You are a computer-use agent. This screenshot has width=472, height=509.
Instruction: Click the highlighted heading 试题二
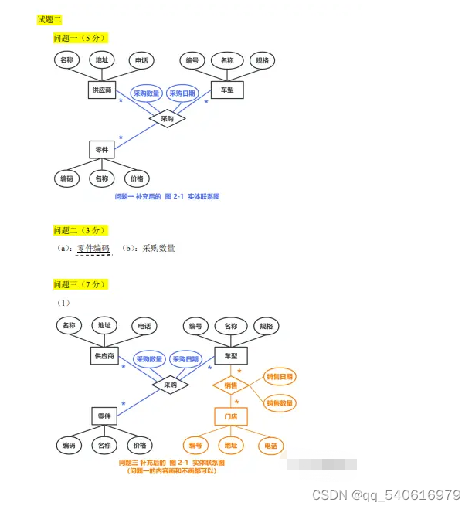click(x=49, y=19)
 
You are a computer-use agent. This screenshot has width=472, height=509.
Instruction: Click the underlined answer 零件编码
click(x=93, y=248)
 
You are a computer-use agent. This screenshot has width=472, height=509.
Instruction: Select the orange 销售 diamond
click(x=230, y=385)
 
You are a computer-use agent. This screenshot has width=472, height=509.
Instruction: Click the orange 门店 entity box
click(x=231, y=417)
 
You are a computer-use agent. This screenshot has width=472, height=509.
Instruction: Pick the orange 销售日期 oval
click(x=280, y=377)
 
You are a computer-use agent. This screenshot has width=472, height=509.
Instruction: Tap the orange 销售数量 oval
click(x=280, y=403)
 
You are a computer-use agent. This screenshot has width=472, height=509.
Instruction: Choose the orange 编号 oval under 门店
click(x=195, y=446)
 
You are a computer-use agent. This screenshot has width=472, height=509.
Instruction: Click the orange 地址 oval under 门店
click(x=230, y=446)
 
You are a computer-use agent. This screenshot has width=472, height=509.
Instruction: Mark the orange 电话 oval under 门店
click(x=270, y=446)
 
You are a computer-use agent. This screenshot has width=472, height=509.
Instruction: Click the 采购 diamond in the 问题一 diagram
click(x=168, y=119)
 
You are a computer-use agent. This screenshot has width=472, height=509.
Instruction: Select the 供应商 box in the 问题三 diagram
click(x=104, y=356)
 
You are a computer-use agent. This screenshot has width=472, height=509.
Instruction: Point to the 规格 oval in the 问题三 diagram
click(x=266, y=326)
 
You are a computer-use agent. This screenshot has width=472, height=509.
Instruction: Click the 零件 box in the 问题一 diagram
click(x=102, y=149)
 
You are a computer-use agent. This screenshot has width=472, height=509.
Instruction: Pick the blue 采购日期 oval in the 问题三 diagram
click(x=185, y=359)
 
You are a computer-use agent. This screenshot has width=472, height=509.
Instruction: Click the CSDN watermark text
click(x=385, y=494)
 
